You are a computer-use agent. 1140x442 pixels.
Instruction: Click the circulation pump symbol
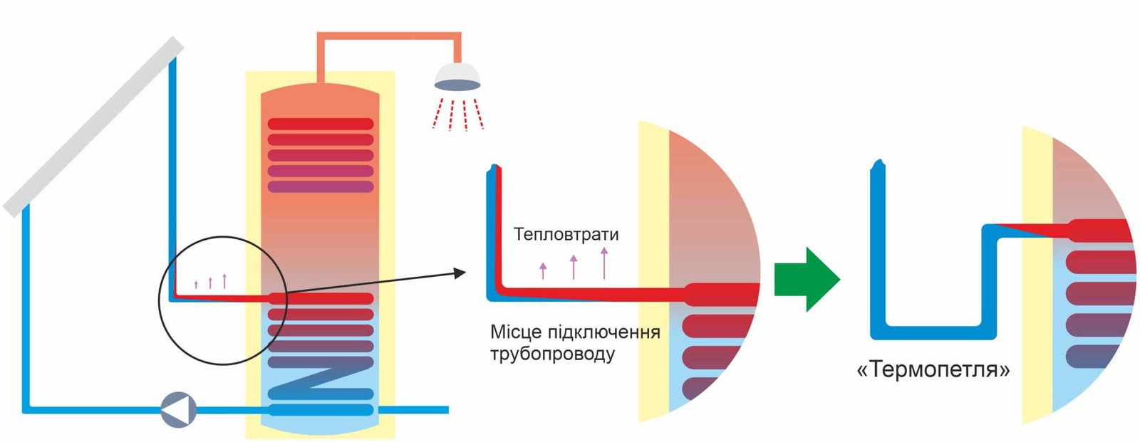click(x=178, y=410)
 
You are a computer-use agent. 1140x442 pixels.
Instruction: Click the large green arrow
click(x=806, y=279)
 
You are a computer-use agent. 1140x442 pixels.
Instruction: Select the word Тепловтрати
click(x=566, y=234)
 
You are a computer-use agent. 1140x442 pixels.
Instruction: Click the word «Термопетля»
click(x=933, y=370)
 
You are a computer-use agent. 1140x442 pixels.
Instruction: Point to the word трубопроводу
click(x=552, y=354)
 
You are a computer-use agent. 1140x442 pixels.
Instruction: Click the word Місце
click(x=516, y=332)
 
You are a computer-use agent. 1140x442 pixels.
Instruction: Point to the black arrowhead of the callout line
click(x=459, y=273)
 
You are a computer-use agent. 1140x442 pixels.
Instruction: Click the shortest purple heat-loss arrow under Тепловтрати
click(x=543, y=270)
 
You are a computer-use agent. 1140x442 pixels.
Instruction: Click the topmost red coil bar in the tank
click(x=321, y=125)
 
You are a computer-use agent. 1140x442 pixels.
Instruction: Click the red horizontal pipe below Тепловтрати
click(x=591, y=293)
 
